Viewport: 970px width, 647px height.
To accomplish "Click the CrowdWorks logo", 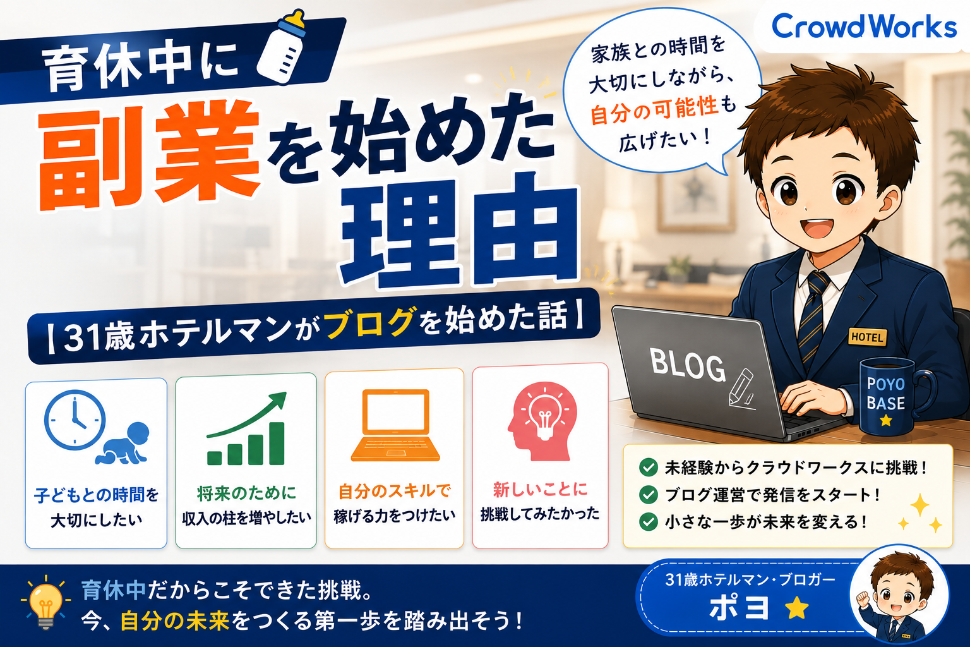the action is pyautogui.click(x=864, y=27).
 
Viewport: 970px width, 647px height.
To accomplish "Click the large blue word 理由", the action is pyautogui.click(x=460, y=231).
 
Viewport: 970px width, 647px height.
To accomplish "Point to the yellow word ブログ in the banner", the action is pyautogui.click(x=369, y=322).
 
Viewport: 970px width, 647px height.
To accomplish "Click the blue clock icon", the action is pyautogui.click(x=75, y=420).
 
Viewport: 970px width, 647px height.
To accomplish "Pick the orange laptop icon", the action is pyautogui.click(x=395, y=425).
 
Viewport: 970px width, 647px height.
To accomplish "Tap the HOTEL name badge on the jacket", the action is pyautogui.click(x=867, y=337).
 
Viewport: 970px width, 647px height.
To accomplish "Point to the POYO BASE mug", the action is pyautogui.click(x=892, y=397).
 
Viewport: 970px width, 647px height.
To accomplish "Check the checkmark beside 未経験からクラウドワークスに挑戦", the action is pyautogui.click(x=649, y=468).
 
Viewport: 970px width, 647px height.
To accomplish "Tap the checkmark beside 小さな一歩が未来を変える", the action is pyautogui.click(x=649, y=521).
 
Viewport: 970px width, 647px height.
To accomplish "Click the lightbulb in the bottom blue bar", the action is pyautogui.click(x=45, y=603).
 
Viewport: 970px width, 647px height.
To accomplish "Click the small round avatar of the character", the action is pyautogui.click(x=899, y=595).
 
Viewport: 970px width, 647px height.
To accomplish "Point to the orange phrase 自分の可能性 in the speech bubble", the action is pyautogui.click(x=654, y=110).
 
